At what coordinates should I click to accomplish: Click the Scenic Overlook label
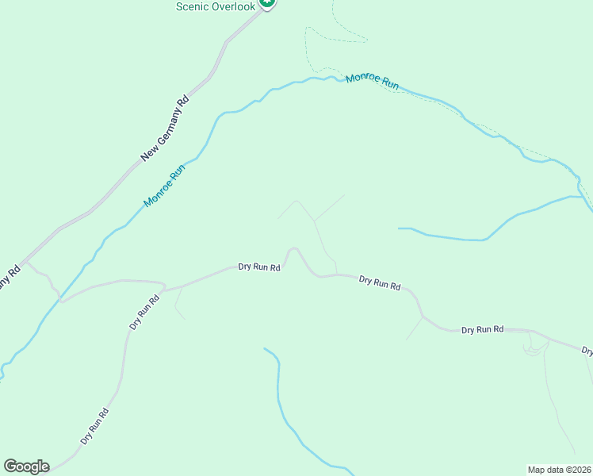tap(216, 6)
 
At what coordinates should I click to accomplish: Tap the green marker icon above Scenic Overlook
tap(268, 3)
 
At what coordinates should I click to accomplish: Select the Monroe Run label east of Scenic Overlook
tap(372, 82)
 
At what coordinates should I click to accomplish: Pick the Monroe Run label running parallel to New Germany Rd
tap(164, 186)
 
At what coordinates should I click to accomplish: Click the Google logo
tap(26, 466)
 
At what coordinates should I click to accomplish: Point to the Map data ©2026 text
tap(559, 469)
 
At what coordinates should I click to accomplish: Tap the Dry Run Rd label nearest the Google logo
tap(94, 425)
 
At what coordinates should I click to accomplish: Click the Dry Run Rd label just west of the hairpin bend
tap(259, 267)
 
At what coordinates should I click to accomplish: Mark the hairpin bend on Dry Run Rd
tap(292, 249)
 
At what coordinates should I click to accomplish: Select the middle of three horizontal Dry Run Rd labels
tap(380, 282)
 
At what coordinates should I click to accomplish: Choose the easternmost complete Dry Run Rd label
tap(483, 329)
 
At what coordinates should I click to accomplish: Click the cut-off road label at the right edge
tap(587, 350)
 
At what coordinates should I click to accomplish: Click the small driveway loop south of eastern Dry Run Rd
tap(535, 345)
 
